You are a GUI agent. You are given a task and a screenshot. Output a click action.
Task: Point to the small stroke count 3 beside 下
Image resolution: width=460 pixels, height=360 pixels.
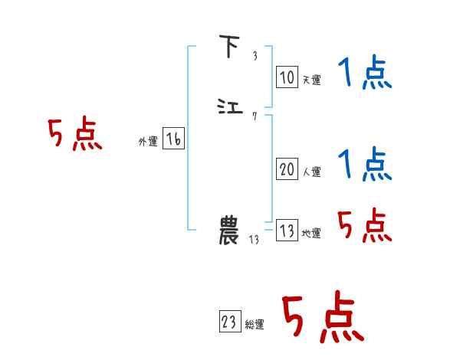point(255,56)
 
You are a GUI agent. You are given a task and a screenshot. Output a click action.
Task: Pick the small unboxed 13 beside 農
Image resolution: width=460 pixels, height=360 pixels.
point(255,240)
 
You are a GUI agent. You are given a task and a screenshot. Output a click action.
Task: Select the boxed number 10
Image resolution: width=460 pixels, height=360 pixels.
point(287,77)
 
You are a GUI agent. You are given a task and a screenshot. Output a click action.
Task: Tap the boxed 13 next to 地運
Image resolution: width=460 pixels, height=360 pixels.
point(287,231)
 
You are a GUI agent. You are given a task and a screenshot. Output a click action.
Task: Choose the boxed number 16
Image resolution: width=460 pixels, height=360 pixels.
point(173,139)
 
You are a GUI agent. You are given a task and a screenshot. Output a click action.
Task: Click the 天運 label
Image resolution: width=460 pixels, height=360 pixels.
point(311,80)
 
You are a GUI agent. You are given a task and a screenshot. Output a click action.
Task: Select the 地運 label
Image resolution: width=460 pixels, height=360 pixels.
point(311,234)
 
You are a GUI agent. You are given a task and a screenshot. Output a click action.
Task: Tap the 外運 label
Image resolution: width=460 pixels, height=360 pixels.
point(148,142)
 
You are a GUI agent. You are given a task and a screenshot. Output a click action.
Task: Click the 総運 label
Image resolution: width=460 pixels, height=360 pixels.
point(254,325)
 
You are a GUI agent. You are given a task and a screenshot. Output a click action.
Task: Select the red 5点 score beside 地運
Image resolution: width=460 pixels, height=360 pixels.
point(364,225)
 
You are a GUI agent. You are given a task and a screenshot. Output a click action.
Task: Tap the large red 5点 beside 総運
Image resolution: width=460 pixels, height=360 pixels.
point(322,317)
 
